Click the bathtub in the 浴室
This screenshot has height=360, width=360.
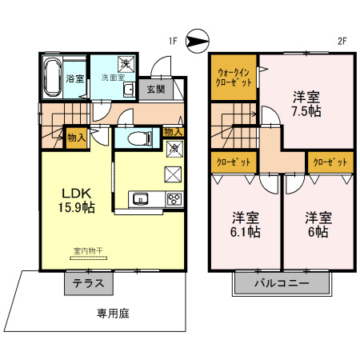coord(52,78)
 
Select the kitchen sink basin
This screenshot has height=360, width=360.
coord(140,199)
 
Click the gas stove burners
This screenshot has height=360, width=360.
coord(174,199)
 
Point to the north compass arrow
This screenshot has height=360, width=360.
coord(198,41)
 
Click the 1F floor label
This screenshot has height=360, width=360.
coord(173,41)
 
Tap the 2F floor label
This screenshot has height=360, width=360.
coord(342,41)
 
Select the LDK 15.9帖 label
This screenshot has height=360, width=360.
coord(77,200)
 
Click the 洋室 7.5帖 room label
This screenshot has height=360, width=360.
coord(306,104)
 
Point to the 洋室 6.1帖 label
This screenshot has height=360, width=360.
coord(246,225)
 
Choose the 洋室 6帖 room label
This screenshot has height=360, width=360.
coord(318,225)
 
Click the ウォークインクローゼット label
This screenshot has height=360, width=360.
coord(234,78)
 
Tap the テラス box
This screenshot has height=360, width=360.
coord(89,283)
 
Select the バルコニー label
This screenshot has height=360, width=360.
coord(282,283)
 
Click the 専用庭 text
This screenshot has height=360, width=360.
coord(113,314)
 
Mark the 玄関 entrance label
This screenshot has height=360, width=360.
coord(156,90)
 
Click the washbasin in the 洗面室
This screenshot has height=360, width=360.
coord(130,90)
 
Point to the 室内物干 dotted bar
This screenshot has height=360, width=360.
coord(88,258)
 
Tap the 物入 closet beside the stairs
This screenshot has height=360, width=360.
coord(77,138)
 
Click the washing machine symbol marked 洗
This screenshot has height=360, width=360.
coord(126,64)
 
